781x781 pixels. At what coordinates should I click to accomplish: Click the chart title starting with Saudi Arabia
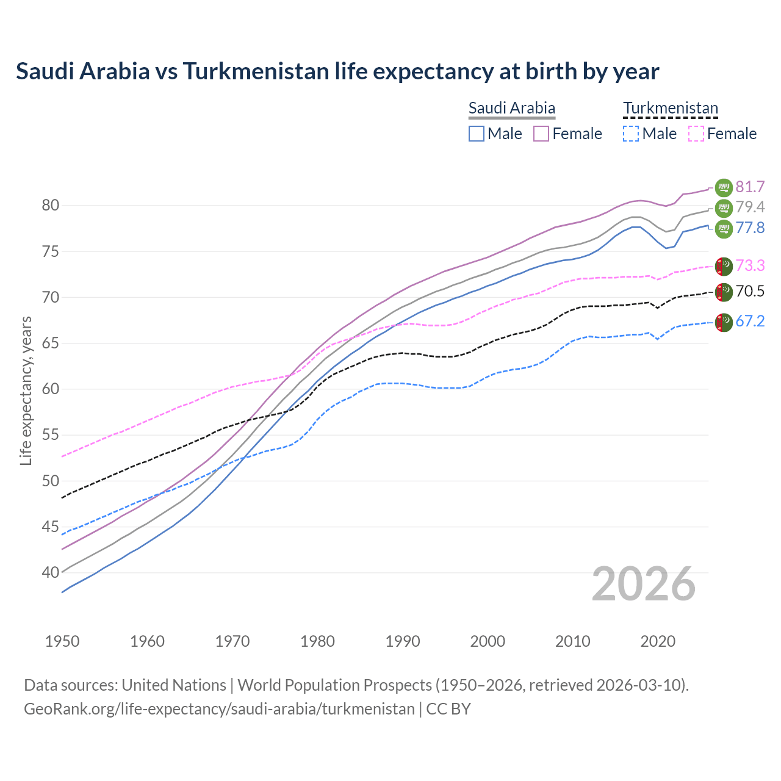[337, 71]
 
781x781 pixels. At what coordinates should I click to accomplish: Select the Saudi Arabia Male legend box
[477, 134]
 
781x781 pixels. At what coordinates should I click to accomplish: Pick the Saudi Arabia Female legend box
[542, 134]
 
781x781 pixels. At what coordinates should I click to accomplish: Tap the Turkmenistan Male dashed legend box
[631, 134]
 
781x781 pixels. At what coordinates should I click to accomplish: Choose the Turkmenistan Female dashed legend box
[696, 134]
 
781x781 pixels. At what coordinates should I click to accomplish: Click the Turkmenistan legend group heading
[670, 109]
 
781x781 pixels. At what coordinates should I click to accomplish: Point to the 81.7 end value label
[750, 187]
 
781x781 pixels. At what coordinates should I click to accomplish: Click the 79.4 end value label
[750, 207]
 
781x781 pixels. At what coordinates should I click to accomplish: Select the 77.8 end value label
[750, 228]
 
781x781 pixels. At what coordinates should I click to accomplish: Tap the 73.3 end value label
[750, 265]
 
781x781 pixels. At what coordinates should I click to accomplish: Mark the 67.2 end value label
[750, 322]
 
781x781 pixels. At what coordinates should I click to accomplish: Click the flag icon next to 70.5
[724, 292]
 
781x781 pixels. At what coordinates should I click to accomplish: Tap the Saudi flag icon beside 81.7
[724, 187]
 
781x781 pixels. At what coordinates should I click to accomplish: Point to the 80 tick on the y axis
[50, 206]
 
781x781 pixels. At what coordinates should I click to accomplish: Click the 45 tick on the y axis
[50, 527]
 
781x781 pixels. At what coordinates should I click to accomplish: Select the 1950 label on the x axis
[62, 641]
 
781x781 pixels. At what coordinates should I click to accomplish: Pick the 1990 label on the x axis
[403, 641]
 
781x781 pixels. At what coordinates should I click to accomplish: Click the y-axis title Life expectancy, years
[26, 390]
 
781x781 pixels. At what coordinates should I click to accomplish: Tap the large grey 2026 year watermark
[644, 584]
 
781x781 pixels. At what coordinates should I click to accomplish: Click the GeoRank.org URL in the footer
[219, 709]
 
